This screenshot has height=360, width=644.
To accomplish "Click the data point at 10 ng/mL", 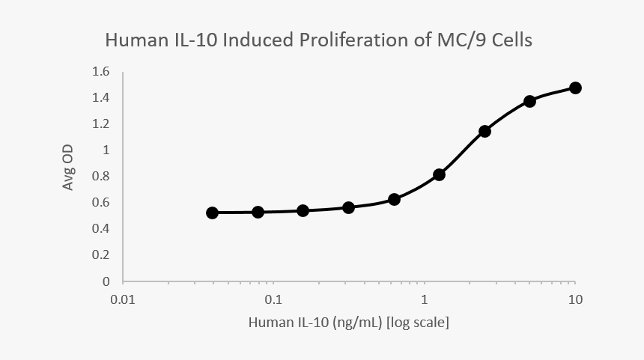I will (x=575, y=88).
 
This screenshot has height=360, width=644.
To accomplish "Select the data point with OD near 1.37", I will (x=529, y=101).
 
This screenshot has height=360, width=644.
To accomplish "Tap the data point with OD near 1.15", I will (x=484, y=131).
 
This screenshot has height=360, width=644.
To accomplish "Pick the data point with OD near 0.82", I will (x=440, y=174).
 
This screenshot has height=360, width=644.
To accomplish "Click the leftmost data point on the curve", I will (x=212, y=213).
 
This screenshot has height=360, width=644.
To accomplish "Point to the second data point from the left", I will (x=258, y=212).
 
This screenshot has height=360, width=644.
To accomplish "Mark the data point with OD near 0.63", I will (x=394, y=199).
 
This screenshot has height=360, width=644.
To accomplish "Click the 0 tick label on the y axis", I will (x=106, y=281).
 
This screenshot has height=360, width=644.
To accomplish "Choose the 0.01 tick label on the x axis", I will (x=123, y=300).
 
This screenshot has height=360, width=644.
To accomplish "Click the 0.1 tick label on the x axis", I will (x=273, y=300).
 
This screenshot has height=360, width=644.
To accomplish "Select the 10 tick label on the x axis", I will (x=575, y=300).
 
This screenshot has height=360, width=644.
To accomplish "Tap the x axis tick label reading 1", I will (x=425, y=300).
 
